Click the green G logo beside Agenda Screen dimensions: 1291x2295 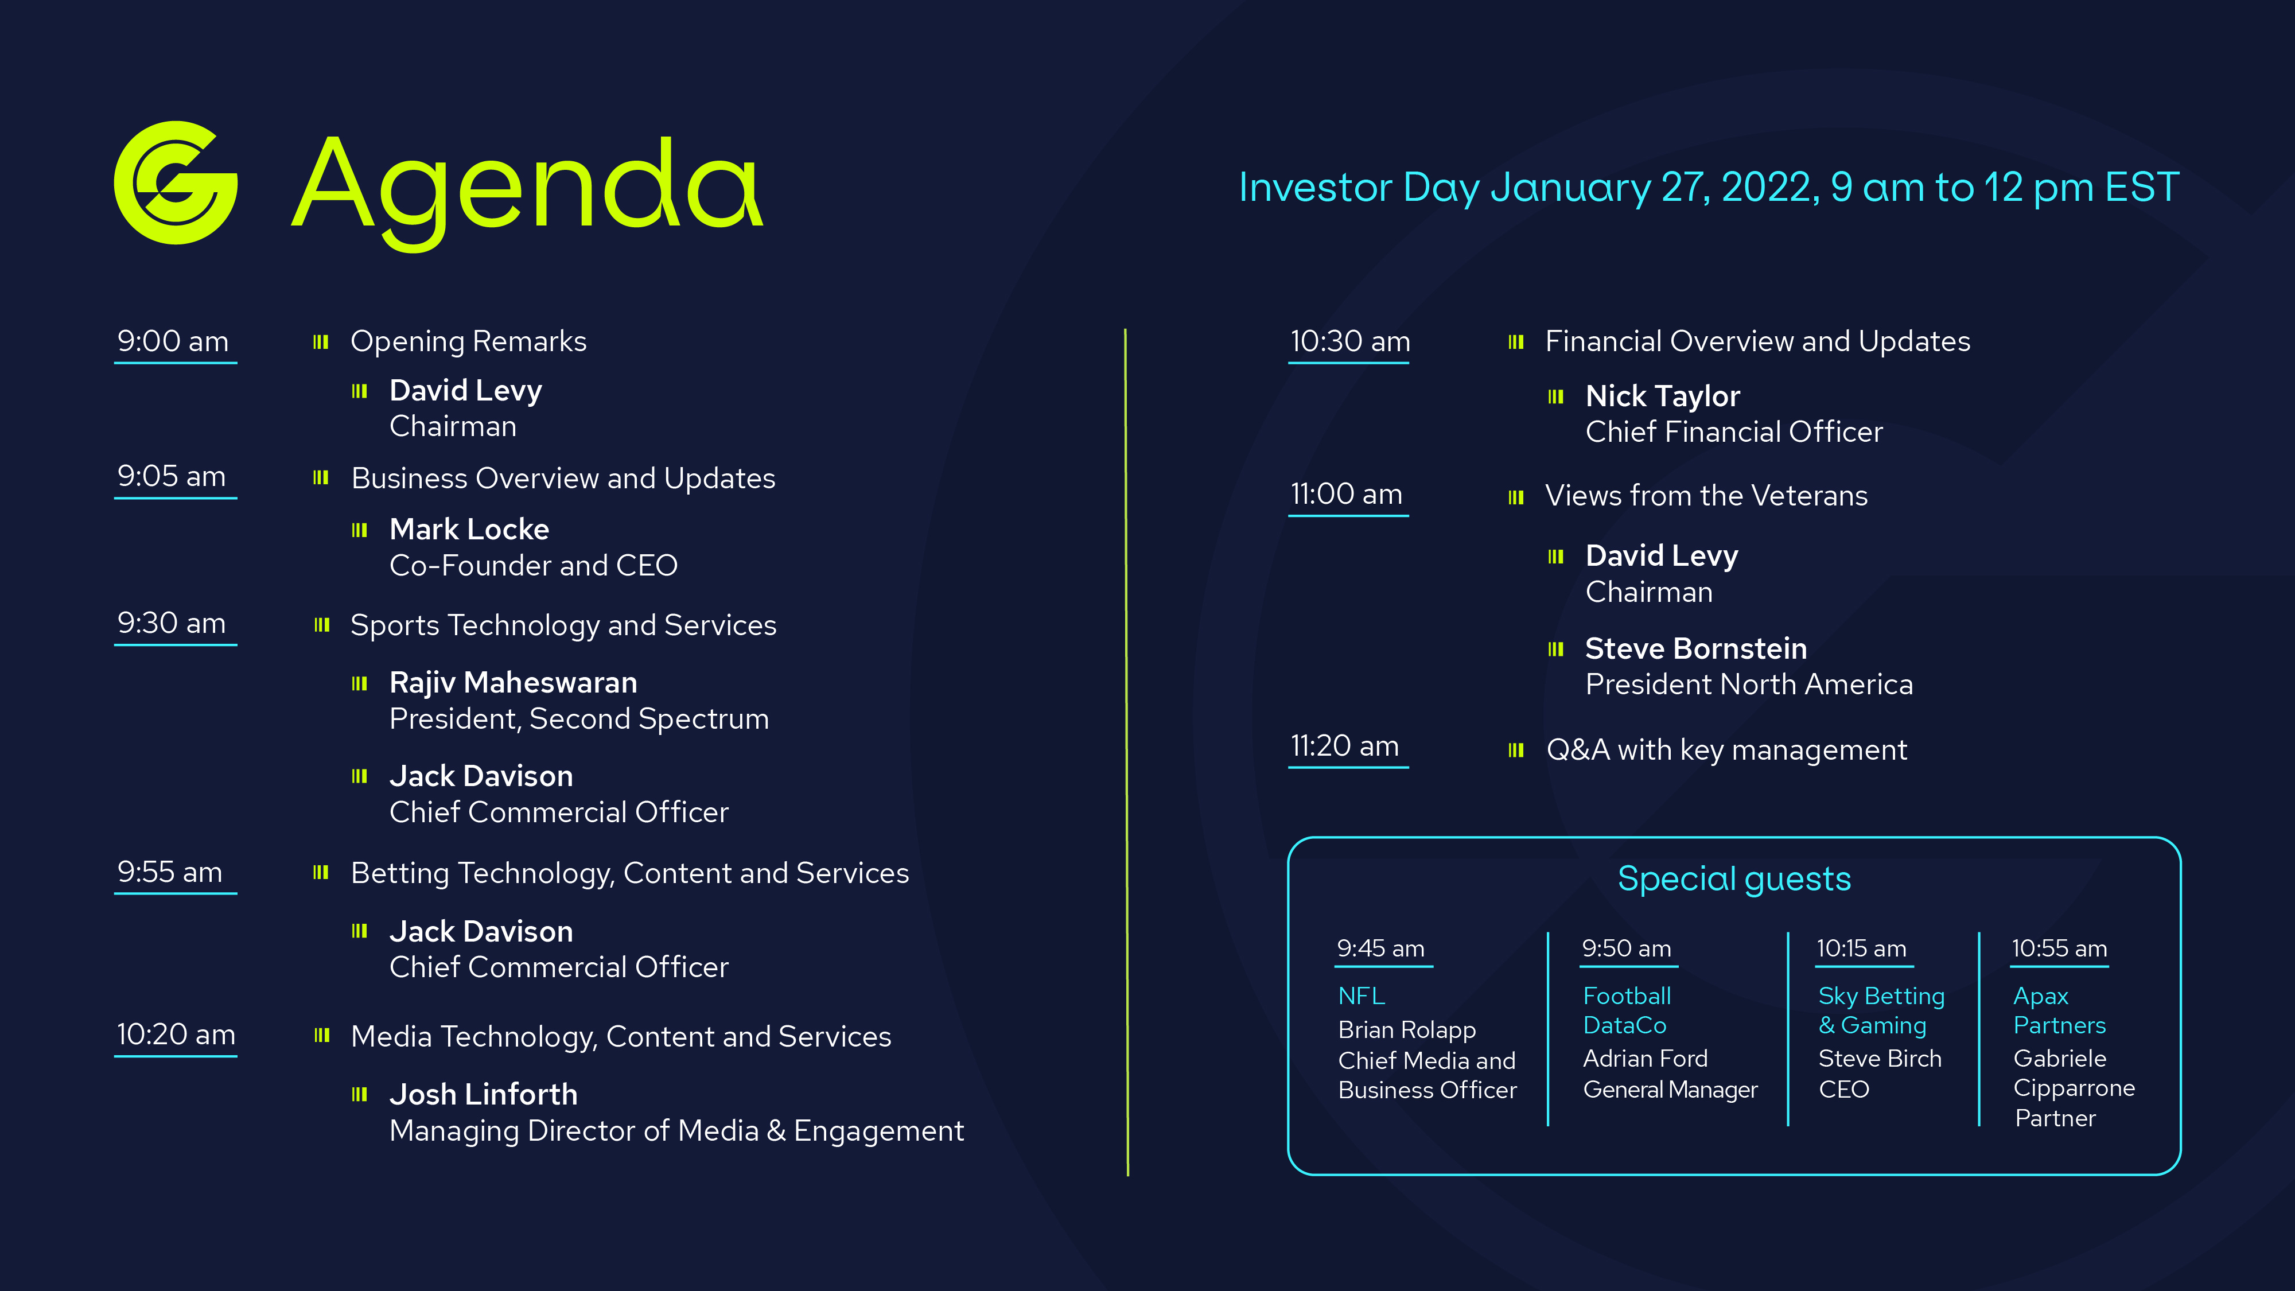click(176, 182)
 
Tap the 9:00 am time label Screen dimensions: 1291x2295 click(173, 341)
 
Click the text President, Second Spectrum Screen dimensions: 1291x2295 click(578, 719)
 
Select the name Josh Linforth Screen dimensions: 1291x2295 click(483, 1094)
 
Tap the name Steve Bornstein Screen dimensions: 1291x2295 click(1695, 648)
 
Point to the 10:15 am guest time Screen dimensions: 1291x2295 click(1861, 949)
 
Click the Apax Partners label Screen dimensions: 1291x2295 click(2059, 1010)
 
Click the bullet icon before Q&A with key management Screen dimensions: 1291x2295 click(1515, 750)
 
